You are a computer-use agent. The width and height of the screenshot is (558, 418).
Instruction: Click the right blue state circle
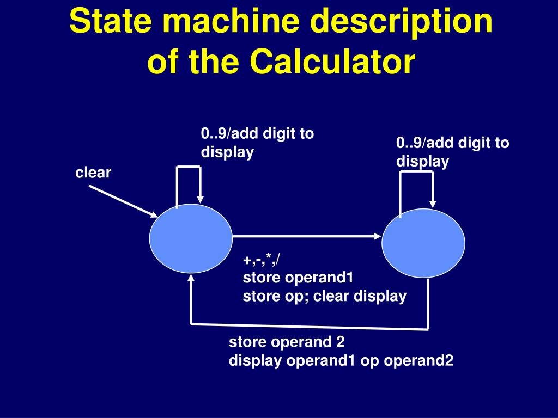[x=423, y=243]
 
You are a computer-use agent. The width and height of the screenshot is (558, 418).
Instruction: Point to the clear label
[x=93, y=173]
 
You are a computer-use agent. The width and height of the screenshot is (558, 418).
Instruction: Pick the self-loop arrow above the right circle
[x=417, y=173]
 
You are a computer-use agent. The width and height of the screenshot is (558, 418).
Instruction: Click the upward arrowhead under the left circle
[x=191, y=279]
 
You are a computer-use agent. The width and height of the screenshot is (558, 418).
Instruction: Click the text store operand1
[x=298, y=278]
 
